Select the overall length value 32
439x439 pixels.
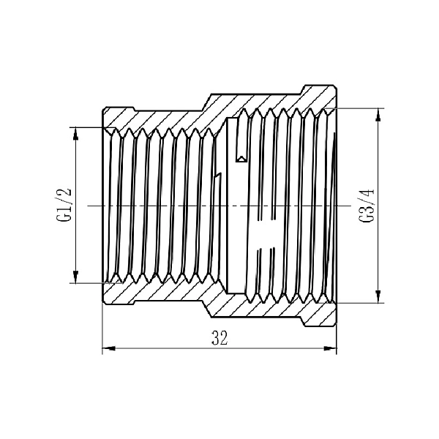pyautogui.click(x=219, y=338)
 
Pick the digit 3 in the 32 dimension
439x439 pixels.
pyautogui.click(x=215, y=338)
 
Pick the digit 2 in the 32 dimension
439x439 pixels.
pyautogui.click(x=225, y=338)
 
